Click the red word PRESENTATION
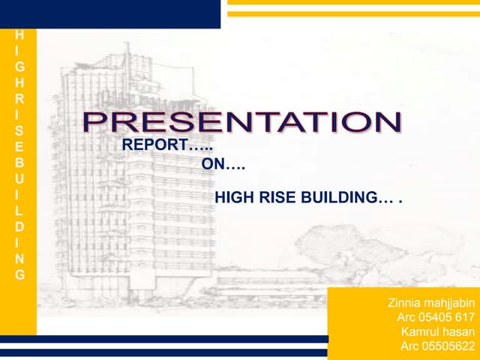coord(241,122)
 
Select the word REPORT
coord(154,145)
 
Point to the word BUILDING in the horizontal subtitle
coord(338,198)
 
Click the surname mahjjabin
coord(451,304)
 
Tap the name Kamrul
coord(421,332)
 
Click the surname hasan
coord(460,332)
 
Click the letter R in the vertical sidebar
coord(19,98)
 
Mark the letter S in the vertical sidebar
coord(19,130)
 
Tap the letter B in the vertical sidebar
coord(19,162)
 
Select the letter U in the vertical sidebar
coord(19,178)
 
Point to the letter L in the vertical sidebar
coord(19,210)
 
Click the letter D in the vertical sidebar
coord(19,226)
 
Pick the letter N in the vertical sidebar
coord(19,258)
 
